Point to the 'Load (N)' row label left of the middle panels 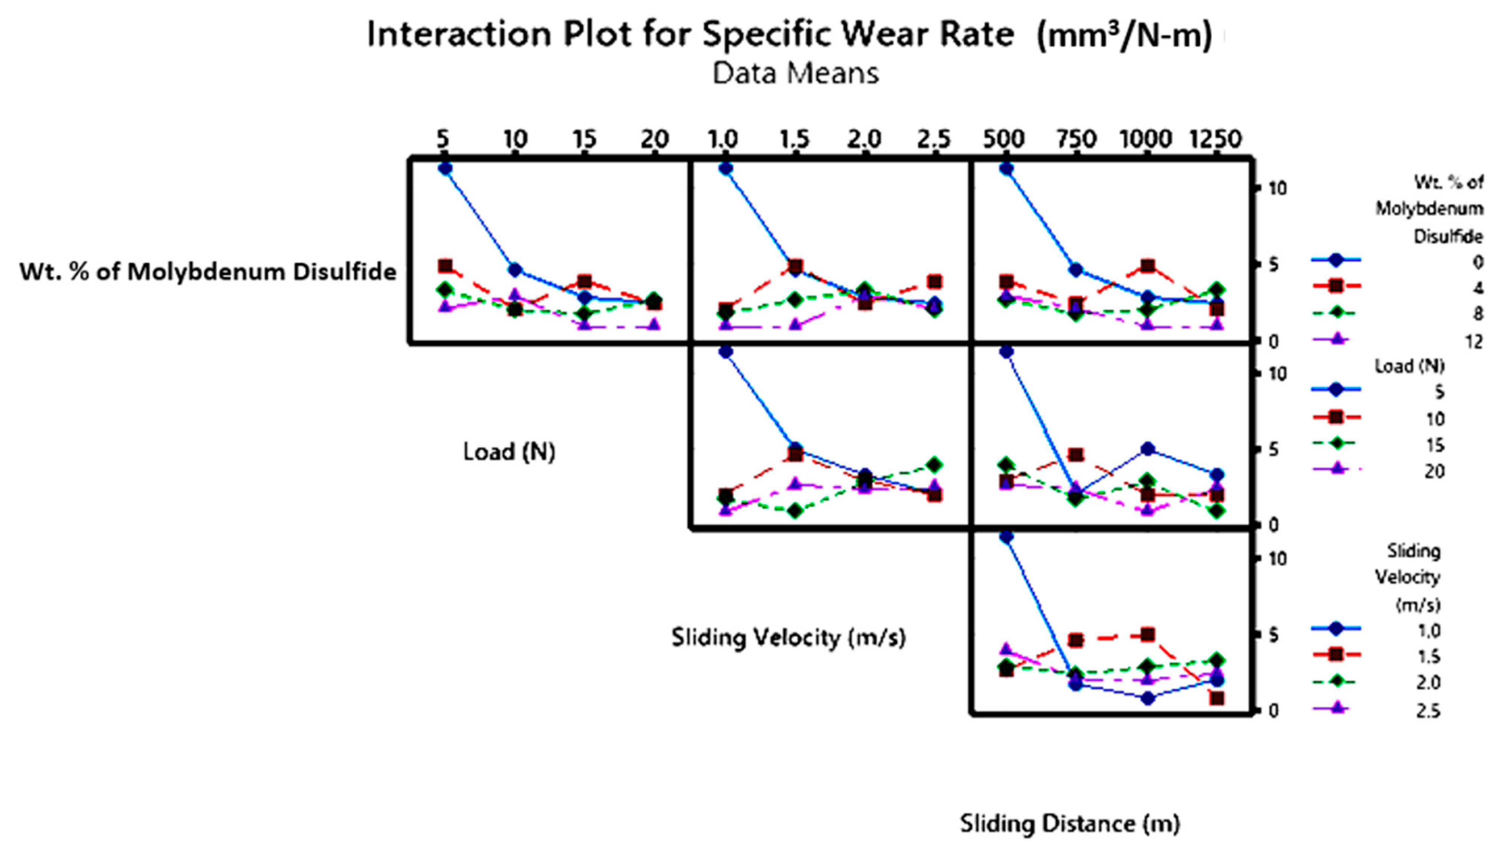coord(509,452)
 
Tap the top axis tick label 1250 coord(1215,139)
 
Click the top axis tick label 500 coord(1004,139)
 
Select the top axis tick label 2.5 coord(934,139)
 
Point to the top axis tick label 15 coord(583,139)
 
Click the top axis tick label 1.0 coord(723,139)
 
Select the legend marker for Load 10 coord(1335,417)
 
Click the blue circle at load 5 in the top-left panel coord(445,168)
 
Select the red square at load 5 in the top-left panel coord(445,266)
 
